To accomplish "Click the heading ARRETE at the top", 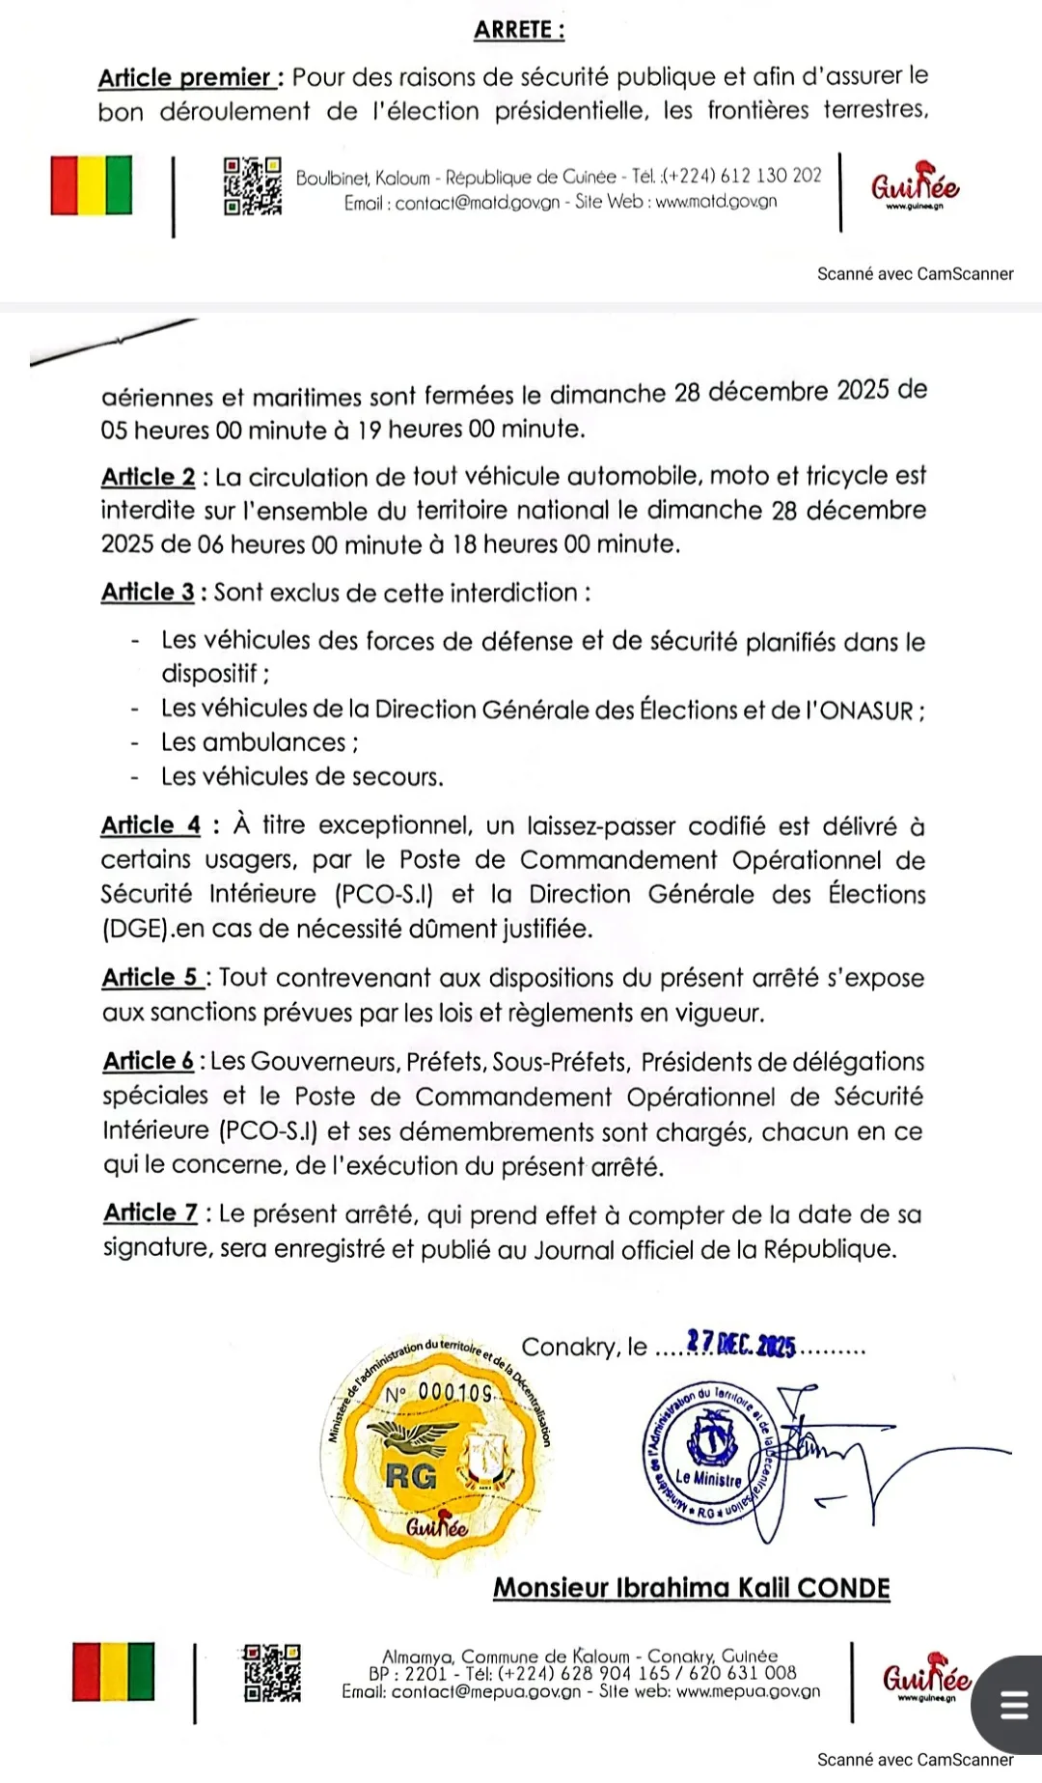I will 518,30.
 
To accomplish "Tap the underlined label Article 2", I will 149,477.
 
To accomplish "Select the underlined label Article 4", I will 151,825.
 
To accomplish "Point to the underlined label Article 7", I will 151,1213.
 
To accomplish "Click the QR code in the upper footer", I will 253,186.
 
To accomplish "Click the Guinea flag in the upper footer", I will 92,184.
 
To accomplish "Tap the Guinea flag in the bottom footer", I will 113,1672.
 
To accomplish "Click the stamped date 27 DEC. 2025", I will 741,1345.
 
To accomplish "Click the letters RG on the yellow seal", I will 411,1477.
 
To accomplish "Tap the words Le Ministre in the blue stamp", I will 708,1478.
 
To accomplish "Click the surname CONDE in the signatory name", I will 843,1588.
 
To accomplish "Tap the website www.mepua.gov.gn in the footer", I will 748,1691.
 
